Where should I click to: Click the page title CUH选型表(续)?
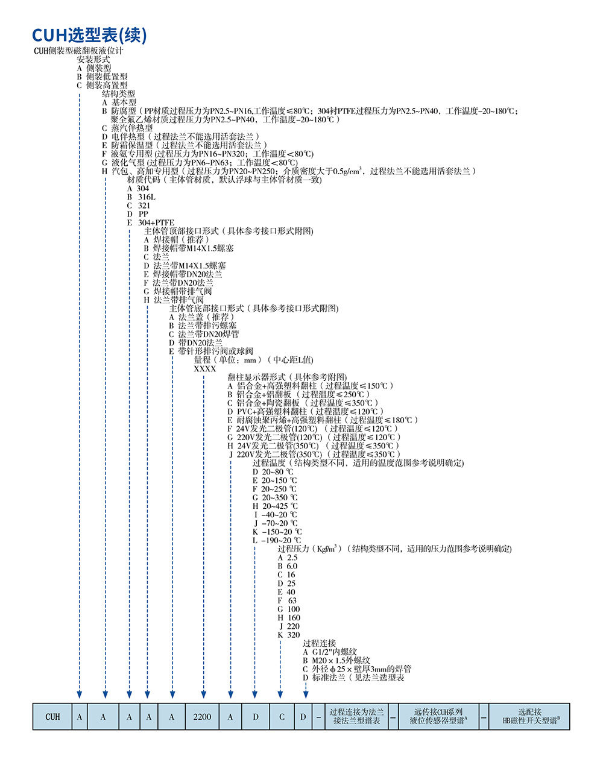click(x=89, y=34)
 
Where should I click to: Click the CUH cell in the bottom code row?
click(x=53, y=716)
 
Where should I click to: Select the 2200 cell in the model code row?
click(x=202, y=716)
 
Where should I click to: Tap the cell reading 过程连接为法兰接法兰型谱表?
click(x=356, y=716)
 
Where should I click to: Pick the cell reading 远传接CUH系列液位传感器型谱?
click(x=438, y=716)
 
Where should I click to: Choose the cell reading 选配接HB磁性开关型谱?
click(x=529, y=716)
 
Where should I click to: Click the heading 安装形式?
click(x=93, y=60)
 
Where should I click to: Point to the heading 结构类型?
click(x=118, y=94)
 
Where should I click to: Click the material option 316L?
click(x=145, y=197)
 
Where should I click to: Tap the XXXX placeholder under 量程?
click(x=204, y=368)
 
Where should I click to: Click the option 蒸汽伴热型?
click(x=131, y=128)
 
